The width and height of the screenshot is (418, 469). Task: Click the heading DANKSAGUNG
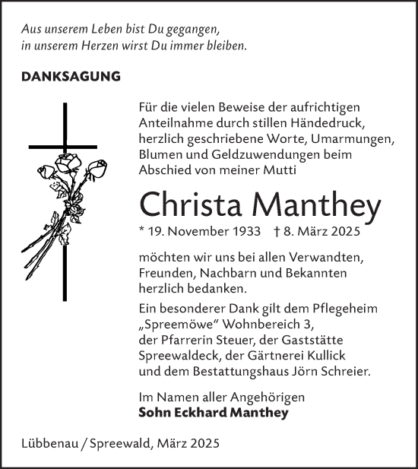pyautogui.click(x=71, y=77)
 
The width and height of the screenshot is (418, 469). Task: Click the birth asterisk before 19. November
pyautogui.click(x=142, y=231)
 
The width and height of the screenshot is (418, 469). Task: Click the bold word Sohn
pyautogui.click(x=154, y=413)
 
